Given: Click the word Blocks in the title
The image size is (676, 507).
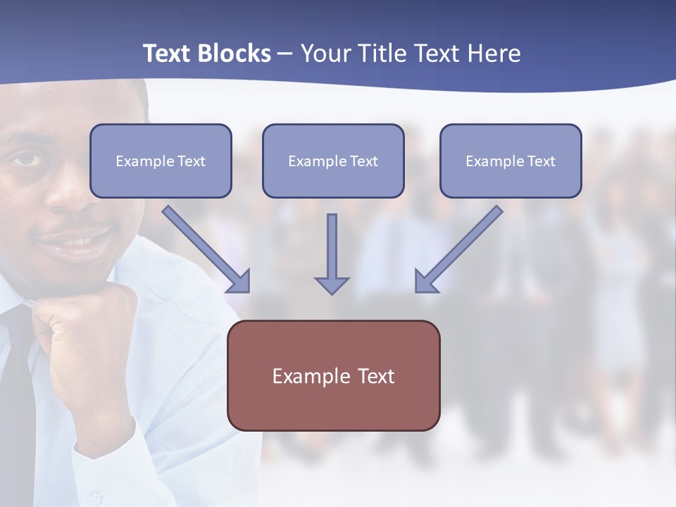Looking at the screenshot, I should [234, 54].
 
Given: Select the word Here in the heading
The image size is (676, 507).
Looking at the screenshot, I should [494, 54].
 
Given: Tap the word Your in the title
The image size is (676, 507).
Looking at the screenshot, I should [326, 54].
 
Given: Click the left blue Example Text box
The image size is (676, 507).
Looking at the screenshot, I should [161, 161].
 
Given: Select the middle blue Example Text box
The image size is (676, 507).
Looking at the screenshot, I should [333, 161].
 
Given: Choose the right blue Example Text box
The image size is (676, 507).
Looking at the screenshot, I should [511, 161].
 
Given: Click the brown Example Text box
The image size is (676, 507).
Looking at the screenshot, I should [333, 375].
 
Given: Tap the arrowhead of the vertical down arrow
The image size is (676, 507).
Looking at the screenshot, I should [332, 284].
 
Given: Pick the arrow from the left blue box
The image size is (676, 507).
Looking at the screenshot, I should [208, 250].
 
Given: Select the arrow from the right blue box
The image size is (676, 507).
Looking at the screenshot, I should [458, 250].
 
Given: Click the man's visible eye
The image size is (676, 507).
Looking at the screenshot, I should [27, 160].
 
